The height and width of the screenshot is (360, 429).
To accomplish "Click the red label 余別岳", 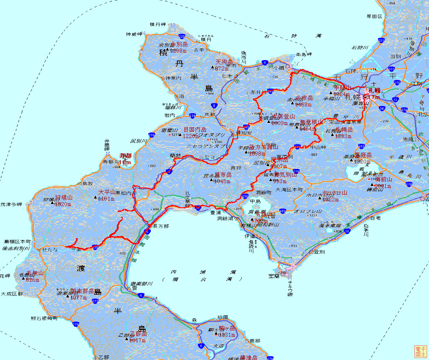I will (179, 44).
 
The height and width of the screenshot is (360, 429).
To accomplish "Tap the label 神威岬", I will (134, 34).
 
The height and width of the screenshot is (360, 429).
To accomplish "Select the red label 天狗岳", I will (224, 62).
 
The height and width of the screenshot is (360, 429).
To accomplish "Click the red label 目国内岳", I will (195, 130).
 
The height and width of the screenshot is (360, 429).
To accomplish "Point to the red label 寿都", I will (125, 156).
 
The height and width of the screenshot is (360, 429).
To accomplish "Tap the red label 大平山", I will (107, 192).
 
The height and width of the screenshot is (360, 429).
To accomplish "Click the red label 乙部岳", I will (139, 333).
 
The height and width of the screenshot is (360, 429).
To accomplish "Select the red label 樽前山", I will (384, 179).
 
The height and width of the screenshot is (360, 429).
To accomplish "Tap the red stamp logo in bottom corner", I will (420, 351).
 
